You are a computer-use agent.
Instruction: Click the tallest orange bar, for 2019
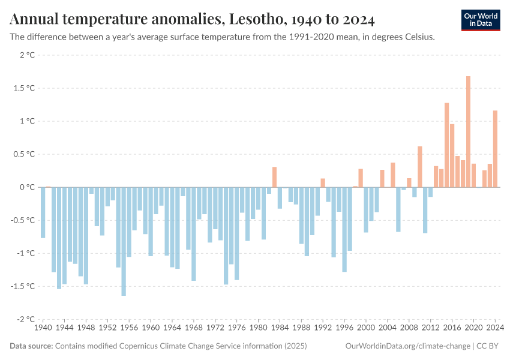pos(468,132)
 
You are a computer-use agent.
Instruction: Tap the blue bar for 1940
pos(43,212)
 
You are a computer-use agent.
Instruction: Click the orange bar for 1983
pos(274,177)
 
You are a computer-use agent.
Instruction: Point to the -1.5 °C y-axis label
pos(24,286)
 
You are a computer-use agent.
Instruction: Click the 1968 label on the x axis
pos(194,328)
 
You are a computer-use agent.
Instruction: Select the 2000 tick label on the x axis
pos(366,328)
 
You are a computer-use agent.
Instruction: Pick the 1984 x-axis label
pos(280,328)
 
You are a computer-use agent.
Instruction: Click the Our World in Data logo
pos(481,20)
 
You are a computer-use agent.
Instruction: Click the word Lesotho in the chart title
pos(255,20)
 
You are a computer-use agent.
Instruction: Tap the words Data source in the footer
pos(31,346)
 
